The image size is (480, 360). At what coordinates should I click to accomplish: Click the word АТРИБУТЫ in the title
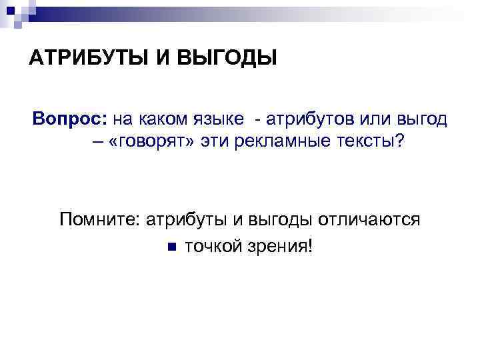pyautogui.click(x=88, y=59)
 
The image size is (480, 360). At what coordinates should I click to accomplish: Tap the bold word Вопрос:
pyautogui.click(x=69, y=119)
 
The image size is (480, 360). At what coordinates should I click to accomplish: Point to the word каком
pyautogui.click(x=161, y=119)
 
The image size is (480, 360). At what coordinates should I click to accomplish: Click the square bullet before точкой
pyautogui.click(x=171, y=246)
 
